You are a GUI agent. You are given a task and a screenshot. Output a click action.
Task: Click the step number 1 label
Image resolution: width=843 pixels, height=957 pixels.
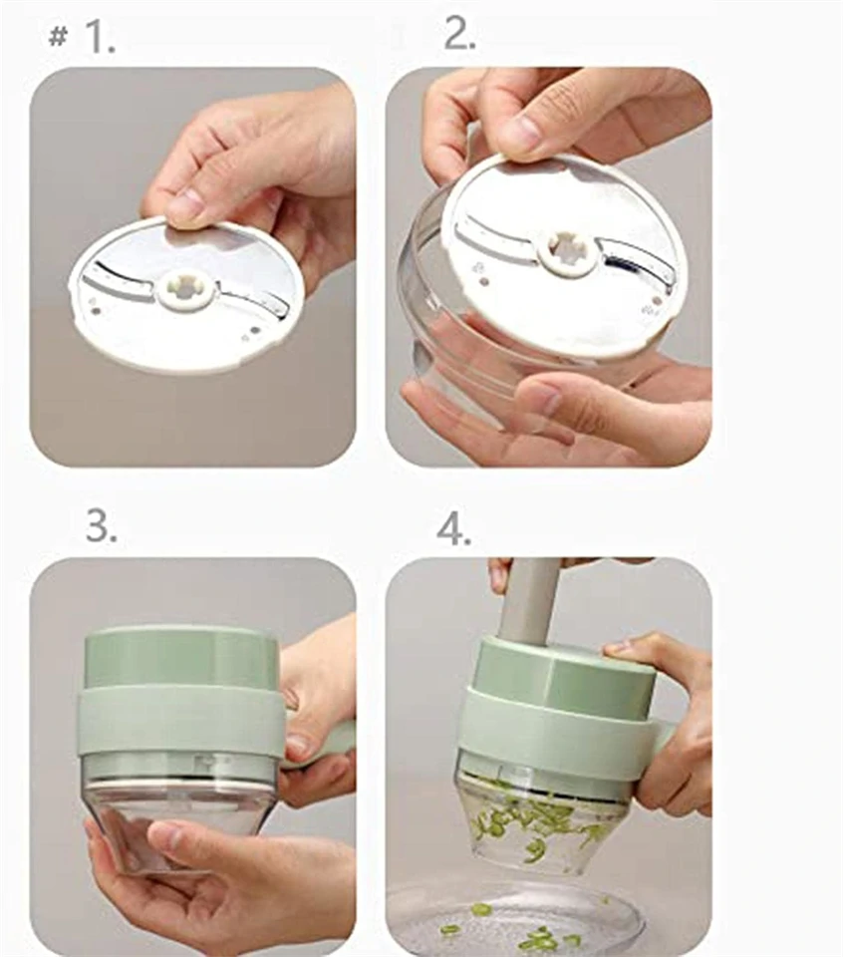pyautogui.click(x=99, y=37)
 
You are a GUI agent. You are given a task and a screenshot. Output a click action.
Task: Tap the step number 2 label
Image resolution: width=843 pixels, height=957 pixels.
pyautogui.click(x=459, y=33)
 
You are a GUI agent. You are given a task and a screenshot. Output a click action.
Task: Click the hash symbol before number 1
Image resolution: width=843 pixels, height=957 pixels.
pyautogui.click(x=58, y=37)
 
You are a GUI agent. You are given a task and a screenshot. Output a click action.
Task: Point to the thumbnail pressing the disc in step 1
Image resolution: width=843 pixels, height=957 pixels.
pyautogui.click(x=190, y=202)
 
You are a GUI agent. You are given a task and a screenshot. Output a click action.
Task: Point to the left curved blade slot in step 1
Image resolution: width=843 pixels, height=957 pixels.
pyautogui.click(x=119, y=284)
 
